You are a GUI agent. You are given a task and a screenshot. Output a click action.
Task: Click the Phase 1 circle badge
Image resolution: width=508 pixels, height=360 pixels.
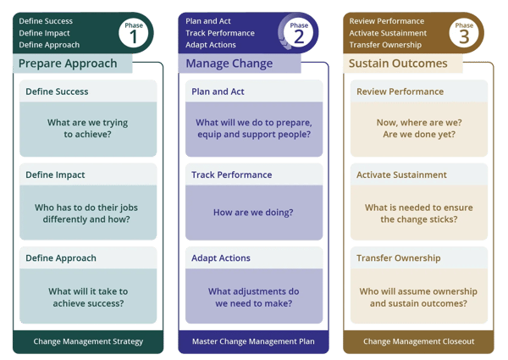(135, 33)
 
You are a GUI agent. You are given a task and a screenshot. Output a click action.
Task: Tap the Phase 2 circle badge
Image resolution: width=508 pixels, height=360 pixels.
(299, 33)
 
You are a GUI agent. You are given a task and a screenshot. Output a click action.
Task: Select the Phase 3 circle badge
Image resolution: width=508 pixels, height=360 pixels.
(464, 33)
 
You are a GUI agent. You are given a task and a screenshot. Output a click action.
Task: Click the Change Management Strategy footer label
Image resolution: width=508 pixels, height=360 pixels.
(88, 341)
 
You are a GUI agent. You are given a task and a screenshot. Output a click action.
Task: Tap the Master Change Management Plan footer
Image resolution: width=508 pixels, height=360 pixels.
(252, 341)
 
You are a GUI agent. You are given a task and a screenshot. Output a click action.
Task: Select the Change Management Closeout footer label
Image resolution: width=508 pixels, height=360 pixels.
(418, 341)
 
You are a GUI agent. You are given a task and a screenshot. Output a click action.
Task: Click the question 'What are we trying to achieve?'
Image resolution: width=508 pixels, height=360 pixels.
(88, 129)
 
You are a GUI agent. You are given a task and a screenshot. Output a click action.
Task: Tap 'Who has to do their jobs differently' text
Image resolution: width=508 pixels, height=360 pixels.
(88, 212)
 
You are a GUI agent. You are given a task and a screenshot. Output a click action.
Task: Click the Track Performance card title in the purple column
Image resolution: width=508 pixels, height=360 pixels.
(232, 174)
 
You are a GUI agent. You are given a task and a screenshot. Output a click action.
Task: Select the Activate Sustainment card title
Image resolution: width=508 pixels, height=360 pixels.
(401, 174)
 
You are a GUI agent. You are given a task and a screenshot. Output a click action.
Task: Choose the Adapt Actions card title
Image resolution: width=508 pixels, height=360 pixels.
(221, 258)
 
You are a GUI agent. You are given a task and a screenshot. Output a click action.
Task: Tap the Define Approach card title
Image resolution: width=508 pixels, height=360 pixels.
(61, 258)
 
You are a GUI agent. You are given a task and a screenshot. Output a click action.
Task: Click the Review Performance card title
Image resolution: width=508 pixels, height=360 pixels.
(400, 91)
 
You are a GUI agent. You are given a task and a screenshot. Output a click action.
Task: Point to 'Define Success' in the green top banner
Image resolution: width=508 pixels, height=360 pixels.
(46, 21)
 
